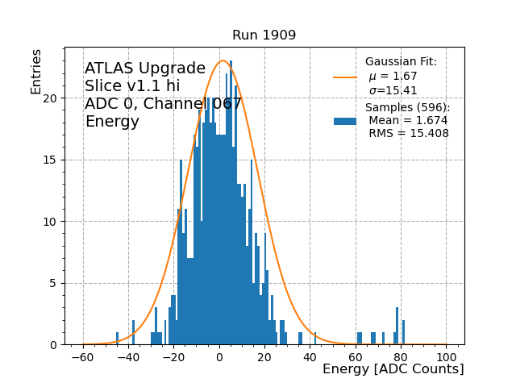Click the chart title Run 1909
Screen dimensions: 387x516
pyautogui.click(x=264, y=35)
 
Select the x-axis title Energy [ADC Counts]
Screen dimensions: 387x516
pyautogui.click(x=393, y=369)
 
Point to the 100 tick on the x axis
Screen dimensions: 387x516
pyautogui.click(x=446, y=345)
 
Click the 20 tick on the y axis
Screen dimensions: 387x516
pyautogui.click(x=64, y=98)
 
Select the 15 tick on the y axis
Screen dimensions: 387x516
pyautogui.click(x=64, y=160)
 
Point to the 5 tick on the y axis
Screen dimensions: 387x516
pyautogui.click(x=64, y=283)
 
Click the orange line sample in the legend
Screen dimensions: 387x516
pyautogui.click(x=345, y=77)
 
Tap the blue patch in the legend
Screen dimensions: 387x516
pyautogui.click(x=345, y=121)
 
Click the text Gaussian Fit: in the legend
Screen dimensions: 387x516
pyautogui.click(x=401, y=62)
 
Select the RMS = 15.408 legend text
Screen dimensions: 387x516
pyautogui.click(x=409, y=134)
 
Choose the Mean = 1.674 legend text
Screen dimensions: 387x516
pyautogui.click(x=408, y=121)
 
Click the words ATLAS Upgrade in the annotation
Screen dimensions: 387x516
pyautogui.click(x=145, y=69)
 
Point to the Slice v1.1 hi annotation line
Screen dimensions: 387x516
pyautogui.click(x=132, y=86)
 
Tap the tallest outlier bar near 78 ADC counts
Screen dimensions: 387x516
pyautogui.click(x=397, y=327)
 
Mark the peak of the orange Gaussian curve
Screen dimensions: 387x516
pyautogui.click(x=223, y=60)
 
